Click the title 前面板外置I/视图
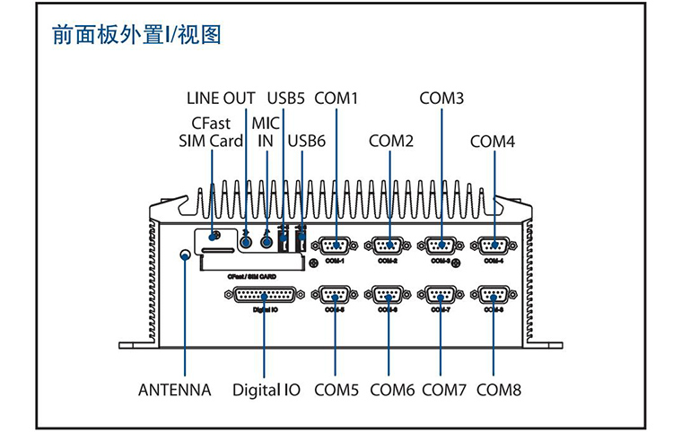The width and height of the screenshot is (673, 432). point(136,36)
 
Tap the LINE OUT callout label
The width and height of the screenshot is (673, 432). point(221,98)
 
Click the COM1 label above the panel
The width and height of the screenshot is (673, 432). point(336,98)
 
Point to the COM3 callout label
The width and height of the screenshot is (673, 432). point(441,98)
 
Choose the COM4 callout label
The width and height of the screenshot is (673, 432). point(493,142)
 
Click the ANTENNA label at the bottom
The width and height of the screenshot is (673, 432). point(175,390)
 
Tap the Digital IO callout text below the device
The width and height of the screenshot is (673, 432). point(267,390)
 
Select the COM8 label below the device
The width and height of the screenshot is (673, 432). point(499,390)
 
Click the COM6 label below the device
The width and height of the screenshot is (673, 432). point(392,390)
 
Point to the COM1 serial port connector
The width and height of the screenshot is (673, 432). point(336,246)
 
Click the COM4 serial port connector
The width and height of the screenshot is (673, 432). point(494,246)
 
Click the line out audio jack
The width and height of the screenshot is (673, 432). point(247,241)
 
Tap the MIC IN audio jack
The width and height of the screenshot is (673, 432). point(267,241)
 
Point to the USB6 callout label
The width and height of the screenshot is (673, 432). point(307,142)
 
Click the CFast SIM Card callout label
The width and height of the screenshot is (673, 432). point(209,132)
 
